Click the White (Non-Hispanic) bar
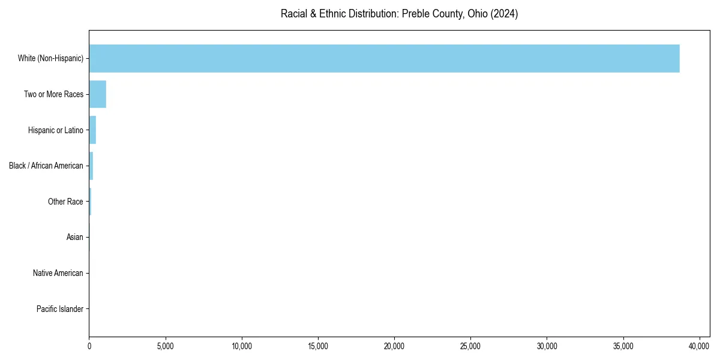(384, 58)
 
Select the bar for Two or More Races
(98, 94)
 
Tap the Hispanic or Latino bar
(92, 130)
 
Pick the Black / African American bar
(91, 166)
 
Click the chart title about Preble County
(399, 14)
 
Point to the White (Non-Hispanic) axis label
(51, 58)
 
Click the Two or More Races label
(53, 94)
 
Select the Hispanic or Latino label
(55, 130)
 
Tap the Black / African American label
(46, 166)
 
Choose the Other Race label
(65, 202)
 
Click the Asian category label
(75, 238)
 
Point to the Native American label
(58, 273)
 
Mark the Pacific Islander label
(60, 309)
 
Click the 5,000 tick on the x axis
(166, 346)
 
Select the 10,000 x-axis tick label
(242, 346)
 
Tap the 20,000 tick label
(394, 346)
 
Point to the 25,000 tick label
(470, 346)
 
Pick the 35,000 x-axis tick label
(623, 346)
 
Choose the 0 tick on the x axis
(89, 346)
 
